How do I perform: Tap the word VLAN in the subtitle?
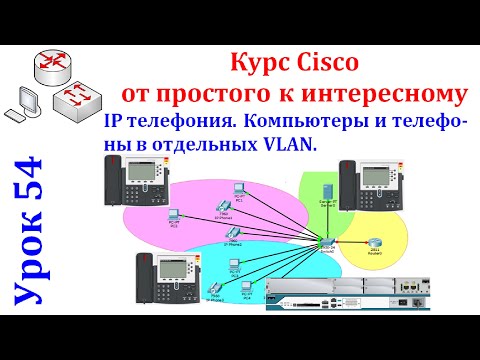coord(290,145)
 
